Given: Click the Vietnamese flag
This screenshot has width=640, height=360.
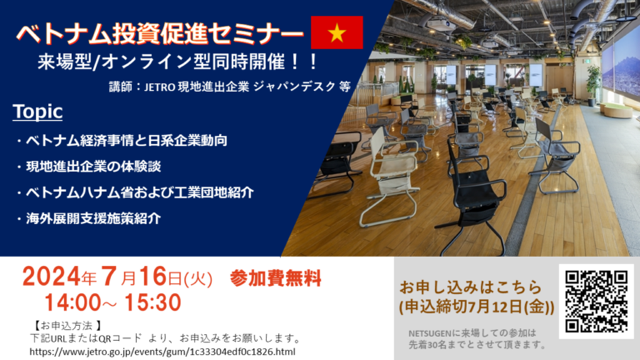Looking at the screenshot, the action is coord(337,32).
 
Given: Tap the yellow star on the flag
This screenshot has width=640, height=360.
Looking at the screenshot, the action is coord(337,32).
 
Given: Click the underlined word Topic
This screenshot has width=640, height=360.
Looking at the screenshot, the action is coord(37,112).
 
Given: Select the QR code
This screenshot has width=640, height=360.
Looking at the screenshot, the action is coord(596,301).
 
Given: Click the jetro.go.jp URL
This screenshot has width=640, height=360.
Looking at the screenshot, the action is coord(162,352).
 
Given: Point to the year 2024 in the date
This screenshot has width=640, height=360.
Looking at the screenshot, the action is coord(51,277).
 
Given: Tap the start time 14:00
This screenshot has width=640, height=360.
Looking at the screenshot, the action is coord(72,302).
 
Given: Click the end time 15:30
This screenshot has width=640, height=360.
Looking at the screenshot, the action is coord(152,302).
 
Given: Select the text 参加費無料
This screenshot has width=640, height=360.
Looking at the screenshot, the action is coord(276,278).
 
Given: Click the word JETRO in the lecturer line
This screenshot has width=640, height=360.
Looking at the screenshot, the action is coord(160,87).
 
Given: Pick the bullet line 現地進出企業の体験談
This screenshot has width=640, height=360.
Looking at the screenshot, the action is coord(93,167).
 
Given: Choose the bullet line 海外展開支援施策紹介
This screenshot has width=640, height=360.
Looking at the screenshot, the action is coord(93,218).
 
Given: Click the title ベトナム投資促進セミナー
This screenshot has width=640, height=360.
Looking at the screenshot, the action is coord(160,33).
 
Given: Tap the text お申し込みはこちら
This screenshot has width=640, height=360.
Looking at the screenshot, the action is coord(471,287).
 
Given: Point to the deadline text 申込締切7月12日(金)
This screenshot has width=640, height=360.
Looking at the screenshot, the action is coord(477,307).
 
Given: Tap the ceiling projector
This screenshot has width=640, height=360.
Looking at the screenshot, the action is coord(441,24).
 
